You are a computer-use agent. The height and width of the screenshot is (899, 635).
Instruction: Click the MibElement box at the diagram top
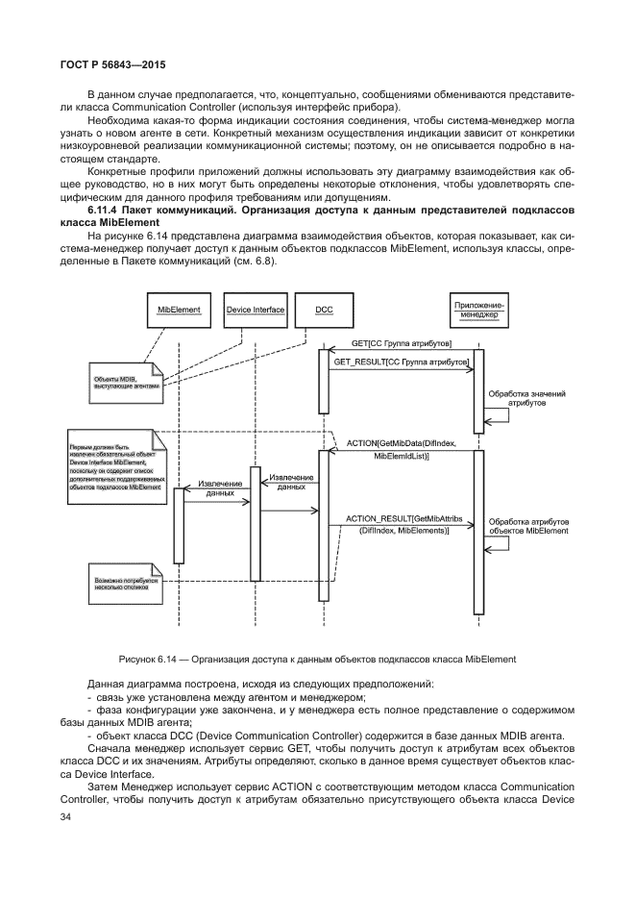(x=179, y=310)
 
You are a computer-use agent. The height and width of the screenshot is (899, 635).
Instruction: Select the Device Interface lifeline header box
(x=255, y=310)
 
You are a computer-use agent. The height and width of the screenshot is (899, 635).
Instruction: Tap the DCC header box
(x=324, y=310)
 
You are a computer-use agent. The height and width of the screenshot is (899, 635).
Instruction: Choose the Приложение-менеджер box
(x=478, y=310)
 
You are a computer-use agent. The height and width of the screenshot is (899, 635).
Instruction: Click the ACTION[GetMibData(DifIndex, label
(x=401, y=441)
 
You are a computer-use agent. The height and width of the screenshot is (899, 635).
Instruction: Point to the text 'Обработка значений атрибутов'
(x=526, y=399)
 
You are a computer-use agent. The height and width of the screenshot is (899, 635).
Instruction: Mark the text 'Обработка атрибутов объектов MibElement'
(x=528, y=524)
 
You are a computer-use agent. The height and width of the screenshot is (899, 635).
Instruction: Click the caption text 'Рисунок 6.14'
(x=150, y=659)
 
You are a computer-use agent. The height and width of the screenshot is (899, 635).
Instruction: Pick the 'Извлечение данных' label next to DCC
(x=291, y=482)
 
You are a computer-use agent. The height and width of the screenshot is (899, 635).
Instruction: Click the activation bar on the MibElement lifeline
(x=179, y=524)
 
